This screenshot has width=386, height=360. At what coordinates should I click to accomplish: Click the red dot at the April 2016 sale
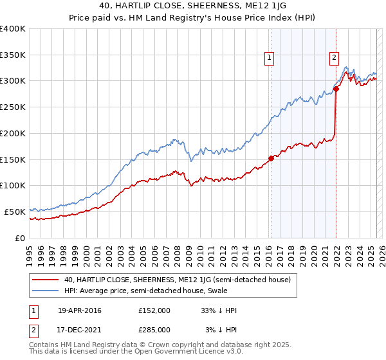pos(271,158)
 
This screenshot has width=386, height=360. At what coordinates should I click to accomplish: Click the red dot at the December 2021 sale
pos(336,89)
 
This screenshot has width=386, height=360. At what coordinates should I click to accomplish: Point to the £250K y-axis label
pos(13,107)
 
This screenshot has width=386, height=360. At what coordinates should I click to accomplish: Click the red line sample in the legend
pos(45,280)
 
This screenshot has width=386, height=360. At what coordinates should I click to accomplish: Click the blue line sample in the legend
pos(45,291)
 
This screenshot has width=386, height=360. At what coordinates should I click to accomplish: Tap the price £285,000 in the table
pos(154,330)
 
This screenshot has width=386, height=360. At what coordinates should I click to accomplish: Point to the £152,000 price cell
pos(154,310)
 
